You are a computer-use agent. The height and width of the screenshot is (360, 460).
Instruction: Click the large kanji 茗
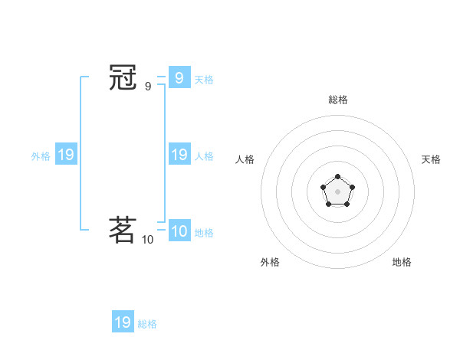123,229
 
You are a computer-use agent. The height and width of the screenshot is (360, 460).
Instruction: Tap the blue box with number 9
179,77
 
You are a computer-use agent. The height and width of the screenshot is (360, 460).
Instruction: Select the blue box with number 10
179,231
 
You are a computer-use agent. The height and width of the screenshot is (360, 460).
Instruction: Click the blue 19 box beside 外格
65,155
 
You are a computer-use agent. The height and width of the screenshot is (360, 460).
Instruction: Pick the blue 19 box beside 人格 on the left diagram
179,155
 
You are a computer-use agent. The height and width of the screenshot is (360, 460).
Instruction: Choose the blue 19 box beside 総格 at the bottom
123,322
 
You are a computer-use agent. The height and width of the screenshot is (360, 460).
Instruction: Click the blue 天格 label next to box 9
204,79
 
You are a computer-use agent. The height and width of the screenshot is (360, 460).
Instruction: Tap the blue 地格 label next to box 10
204,233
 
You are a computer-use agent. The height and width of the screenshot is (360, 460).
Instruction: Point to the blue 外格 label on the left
41,156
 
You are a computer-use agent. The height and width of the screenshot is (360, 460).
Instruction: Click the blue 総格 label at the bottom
147,324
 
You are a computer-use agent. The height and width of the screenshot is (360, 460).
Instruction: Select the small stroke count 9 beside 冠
148,87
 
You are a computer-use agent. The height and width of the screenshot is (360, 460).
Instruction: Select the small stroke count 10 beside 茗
147,240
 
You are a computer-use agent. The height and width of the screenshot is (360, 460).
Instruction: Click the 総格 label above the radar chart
338,100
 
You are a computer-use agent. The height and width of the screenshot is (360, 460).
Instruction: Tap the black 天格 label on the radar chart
431,159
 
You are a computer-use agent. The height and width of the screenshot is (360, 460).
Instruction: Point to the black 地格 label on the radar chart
402,262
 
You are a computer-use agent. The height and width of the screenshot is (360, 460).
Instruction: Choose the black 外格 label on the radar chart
270,262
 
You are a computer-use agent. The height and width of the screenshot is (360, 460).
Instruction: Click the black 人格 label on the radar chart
245,159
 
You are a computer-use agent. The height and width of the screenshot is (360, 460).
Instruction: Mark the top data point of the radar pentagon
337,177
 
